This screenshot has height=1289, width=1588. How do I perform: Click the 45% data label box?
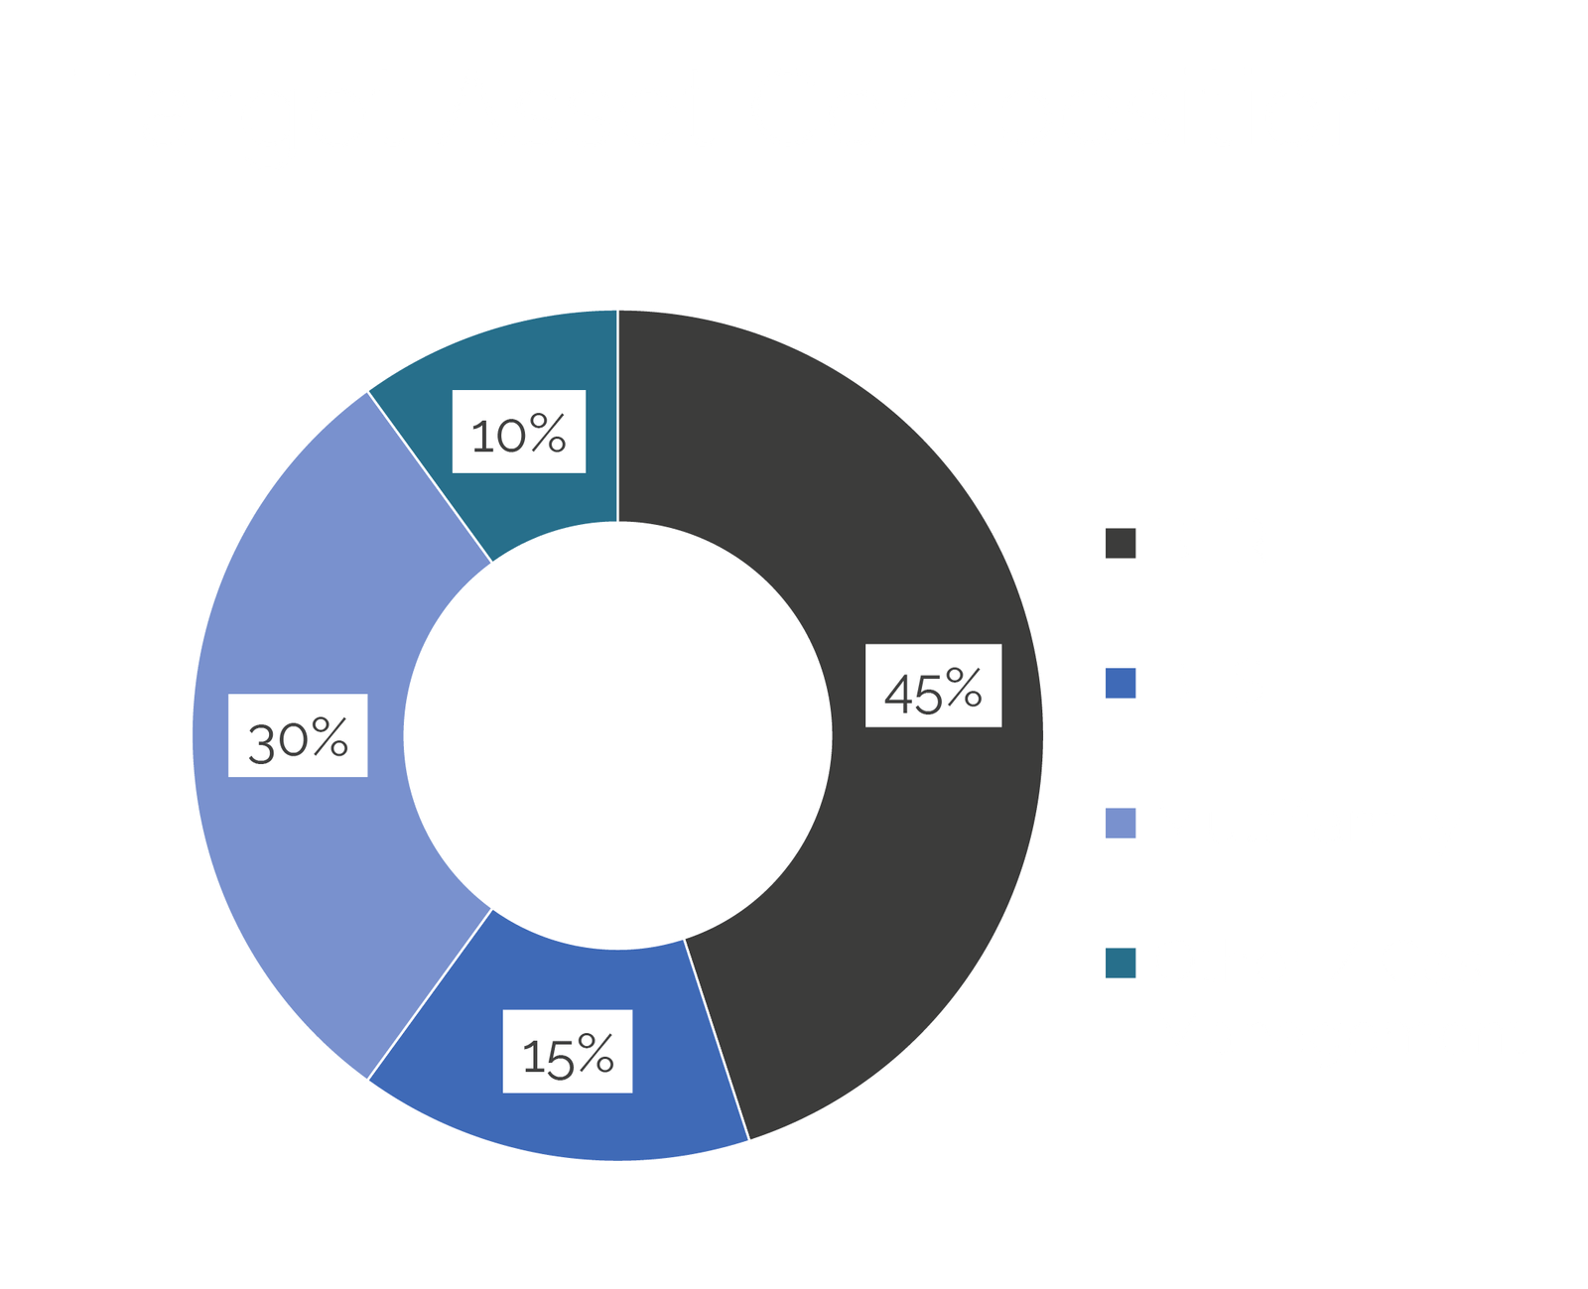click(933, 685)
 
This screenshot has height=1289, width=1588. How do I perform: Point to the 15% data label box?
click(568, 1051)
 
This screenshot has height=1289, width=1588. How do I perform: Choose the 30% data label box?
click(298, 735)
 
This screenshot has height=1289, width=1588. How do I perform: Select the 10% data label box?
click(519, 431)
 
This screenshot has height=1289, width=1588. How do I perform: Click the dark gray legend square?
click(1121, 543)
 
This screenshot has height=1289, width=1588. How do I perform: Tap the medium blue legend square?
click(1121, 683)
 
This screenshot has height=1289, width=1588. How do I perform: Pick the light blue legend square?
click(1121, 823)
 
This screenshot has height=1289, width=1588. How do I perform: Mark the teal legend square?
click(1121, 963)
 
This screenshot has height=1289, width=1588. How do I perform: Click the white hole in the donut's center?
click(618, 736)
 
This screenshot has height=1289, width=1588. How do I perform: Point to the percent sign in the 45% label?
click(964, 687)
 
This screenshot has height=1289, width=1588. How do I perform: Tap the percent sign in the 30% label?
click(331, 736)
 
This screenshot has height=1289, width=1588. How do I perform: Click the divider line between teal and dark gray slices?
click(618, 416)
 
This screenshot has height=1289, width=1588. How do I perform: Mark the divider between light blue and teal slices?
click(430, 476)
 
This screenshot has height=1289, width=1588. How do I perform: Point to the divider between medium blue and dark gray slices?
click(717, 1039)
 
